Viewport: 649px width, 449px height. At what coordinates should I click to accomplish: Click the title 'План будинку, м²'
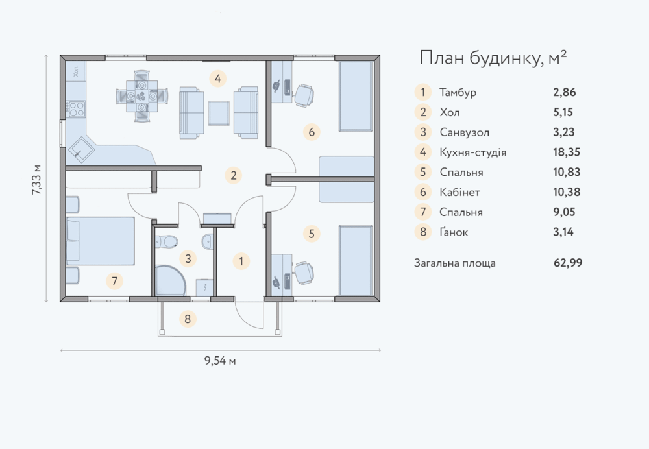click(493, 58)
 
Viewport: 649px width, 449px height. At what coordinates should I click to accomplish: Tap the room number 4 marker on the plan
click(217, 79)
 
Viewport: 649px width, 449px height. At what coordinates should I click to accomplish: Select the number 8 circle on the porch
click(188, 319)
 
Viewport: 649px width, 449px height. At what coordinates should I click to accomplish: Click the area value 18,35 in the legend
click(566, 152)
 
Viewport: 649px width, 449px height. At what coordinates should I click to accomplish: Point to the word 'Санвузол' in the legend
click(465, 132)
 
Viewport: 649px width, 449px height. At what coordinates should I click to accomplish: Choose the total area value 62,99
click(568, 263)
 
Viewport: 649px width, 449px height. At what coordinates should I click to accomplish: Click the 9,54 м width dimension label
click(220, 361)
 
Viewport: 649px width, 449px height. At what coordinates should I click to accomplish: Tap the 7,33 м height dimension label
click(36, 180)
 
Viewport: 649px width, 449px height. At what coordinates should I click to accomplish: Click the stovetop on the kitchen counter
click(77, 109)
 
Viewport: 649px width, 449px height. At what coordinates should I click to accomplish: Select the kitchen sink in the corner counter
click(80, 149)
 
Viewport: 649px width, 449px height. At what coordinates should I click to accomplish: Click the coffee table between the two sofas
click(219, 113)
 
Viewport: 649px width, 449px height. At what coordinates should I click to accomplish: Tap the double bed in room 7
click(101, 241)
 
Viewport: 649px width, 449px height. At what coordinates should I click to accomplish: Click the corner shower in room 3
click(169, 280)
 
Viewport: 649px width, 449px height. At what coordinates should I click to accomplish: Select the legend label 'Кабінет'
click(460, 192)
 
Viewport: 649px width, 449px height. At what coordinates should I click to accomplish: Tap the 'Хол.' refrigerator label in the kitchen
click(76, 71)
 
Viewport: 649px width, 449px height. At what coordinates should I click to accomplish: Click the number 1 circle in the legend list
click(422, 92)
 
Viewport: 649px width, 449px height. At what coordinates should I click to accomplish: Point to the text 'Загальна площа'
click(455, 263)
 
